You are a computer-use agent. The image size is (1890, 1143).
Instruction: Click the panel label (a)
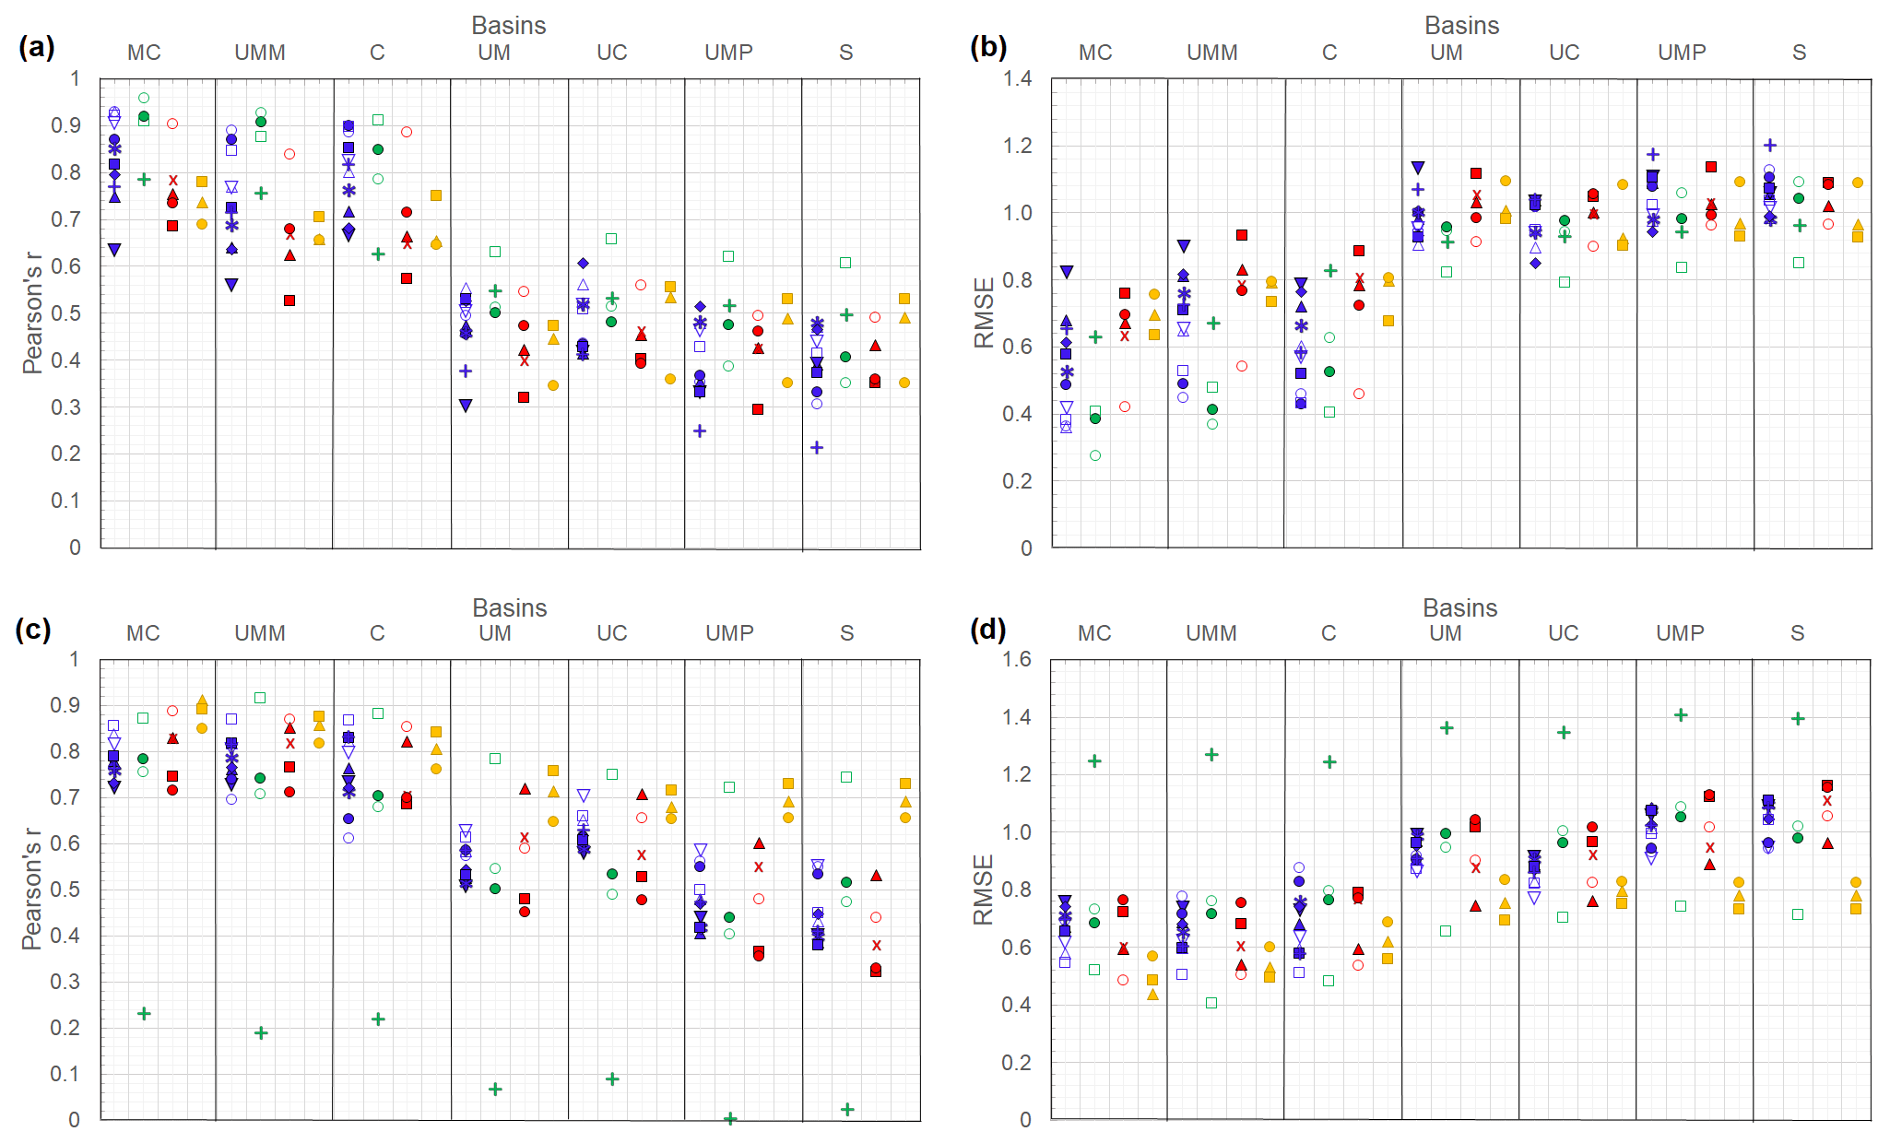click(x=37, y=47)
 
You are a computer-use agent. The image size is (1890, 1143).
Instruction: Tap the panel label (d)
click(x=987, y=630)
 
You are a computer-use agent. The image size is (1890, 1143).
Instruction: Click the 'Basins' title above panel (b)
click(x=1461, y=26)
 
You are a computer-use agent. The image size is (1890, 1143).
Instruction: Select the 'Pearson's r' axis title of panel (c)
click(x=32, y=889)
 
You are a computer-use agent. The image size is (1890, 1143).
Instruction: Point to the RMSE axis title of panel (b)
click(x=985, y=312)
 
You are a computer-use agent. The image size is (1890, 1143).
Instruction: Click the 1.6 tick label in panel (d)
click(x=1017, y=659)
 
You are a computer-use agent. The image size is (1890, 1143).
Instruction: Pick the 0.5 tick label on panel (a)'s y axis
click(x=67, y=313)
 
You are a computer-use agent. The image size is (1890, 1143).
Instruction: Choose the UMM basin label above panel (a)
click(x=260, y=53)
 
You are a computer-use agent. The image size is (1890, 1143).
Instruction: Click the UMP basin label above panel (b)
click(x=1682, y=53)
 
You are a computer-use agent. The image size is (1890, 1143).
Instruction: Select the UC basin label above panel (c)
click(x=611, y=633)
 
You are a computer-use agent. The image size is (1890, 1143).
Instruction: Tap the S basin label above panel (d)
click(x=1797, y=633)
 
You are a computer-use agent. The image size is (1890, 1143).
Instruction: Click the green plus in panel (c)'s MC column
click(x=144, y=1014)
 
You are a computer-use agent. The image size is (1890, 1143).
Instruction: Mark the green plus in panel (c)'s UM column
click(x=495, y=1090)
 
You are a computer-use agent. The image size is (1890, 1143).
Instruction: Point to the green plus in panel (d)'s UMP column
click(x=1681, y=715)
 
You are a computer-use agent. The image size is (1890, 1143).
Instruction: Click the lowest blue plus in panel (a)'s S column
click(x=817, y=448)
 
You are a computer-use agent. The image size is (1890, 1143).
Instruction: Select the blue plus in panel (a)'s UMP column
click(x=700, y=431)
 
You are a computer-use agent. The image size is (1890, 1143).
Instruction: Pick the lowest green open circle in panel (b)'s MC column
click(x=1095, y=455)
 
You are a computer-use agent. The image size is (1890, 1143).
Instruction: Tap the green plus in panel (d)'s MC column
click(x=1094, y=761)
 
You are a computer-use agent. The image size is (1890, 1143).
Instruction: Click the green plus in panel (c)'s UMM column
click(x=261, y=1033)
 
